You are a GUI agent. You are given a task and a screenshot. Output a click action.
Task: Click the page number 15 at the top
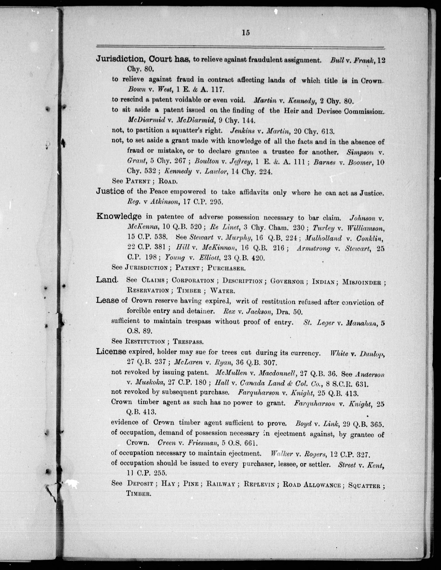(x=246, y=33)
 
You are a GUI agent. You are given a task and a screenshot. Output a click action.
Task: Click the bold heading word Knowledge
(x=119, y=216)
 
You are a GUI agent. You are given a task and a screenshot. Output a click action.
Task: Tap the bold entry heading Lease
(x=107, y=300)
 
